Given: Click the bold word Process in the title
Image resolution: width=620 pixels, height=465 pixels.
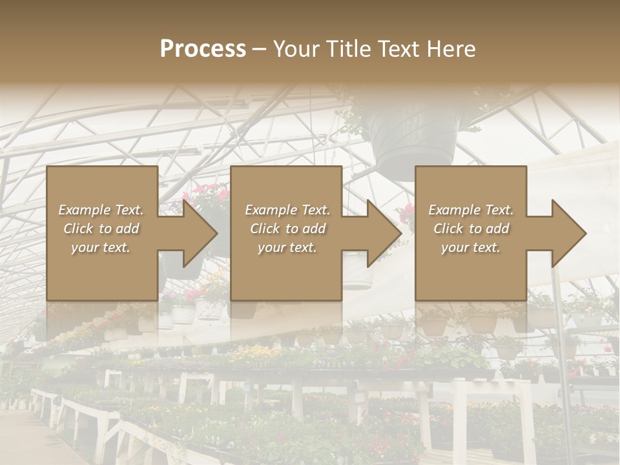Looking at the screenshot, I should point(203,49).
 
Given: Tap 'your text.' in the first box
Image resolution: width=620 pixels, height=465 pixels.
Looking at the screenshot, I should point(101,247).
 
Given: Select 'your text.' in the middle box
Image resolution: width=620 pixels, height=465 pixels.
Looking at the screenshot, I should point(287,247).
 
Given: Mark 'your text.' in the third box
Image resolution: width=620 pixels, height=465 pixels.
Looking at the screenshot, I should point(471,247).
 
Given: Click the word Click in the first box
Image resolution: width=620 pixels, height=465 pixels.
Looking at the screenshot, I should point(79,229).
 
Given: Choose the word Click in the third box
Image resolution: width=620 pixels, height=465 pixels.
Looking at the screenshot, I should point(449,229).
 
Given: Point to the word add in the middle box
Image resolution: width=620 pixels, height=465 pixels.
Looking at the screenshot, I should point(314,229).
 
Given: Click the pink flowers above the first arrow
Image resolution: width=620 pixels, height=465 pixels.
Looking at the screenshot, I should point(207,192).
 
